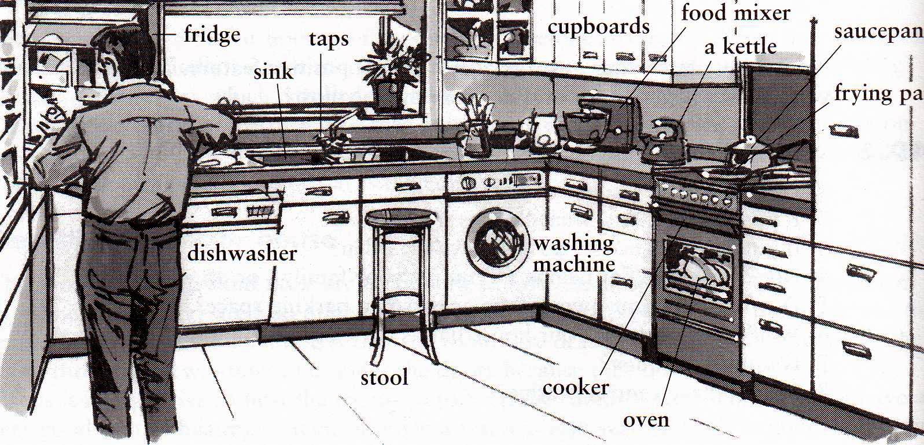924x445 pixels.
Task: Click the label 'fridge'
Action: click(212, 35)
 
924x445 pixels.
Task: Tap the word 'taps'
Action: click(329, 39)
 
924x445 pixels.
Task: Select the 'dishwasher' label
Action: click(242, 253)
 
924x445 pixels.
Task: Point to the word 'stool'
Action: click(384, 377)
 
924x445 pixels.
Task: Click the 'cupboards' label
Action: click(598, 27)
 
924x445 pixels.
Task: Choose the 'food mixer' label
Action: click(735, 12)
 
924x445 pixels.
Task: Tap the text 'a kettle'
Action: click(740, 46)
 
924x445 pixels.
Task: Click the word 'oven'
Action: click(646, 420)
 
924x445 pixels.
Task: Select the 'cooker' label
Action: click(575, 387)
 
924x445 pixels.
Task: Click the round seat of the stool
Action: click(400, 218)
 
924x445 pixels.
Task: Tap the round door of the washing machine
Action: click(496, 243)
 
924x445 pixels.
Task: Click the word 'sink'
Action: click(273, 72)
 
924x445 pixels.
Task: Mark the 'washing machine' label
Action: click(573, 253)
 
